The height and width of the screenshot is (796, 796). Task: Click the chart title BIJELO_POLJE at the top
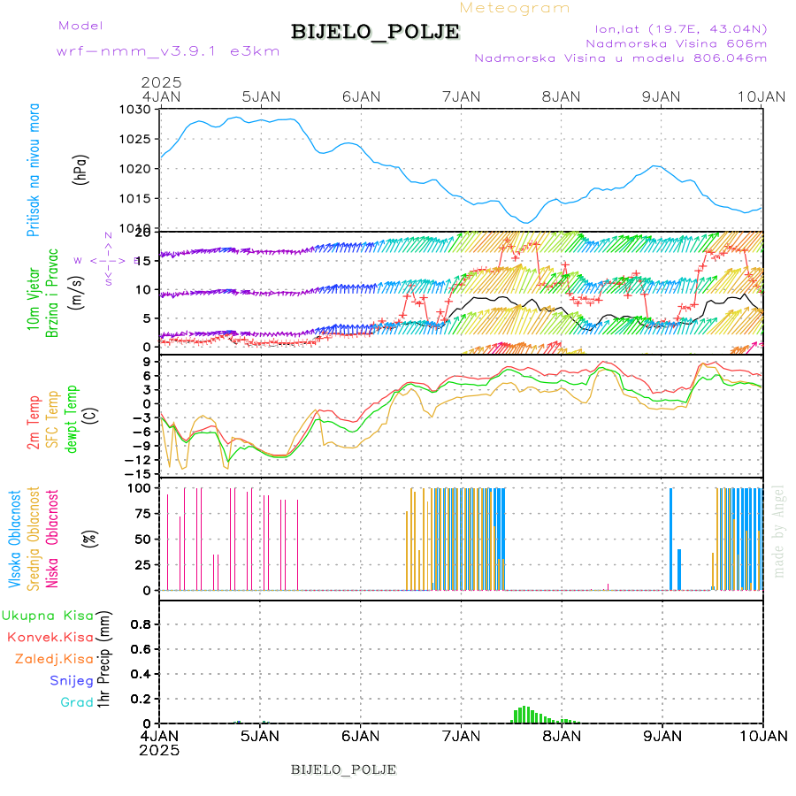375,32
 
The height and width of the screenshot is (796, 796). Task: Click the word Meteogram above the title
516,8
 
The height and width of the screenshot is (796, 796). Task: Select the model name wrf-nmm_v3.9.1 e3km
168,51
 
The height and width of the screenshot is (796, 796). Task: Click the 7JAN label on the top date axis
460,96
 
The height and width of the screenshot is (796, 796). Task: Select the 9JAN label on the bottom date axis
662,736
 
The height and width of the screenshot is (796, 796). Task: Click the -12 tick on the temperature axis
142,460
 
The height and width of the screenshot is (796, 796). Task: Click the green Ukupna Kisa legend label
48,616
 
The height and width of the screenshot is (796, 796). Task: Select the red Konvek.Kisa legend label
50,637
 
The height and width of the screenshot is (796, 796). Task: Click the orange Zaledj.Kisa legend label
54,659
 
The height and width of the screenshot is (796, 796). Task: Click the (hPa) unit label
81,169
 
